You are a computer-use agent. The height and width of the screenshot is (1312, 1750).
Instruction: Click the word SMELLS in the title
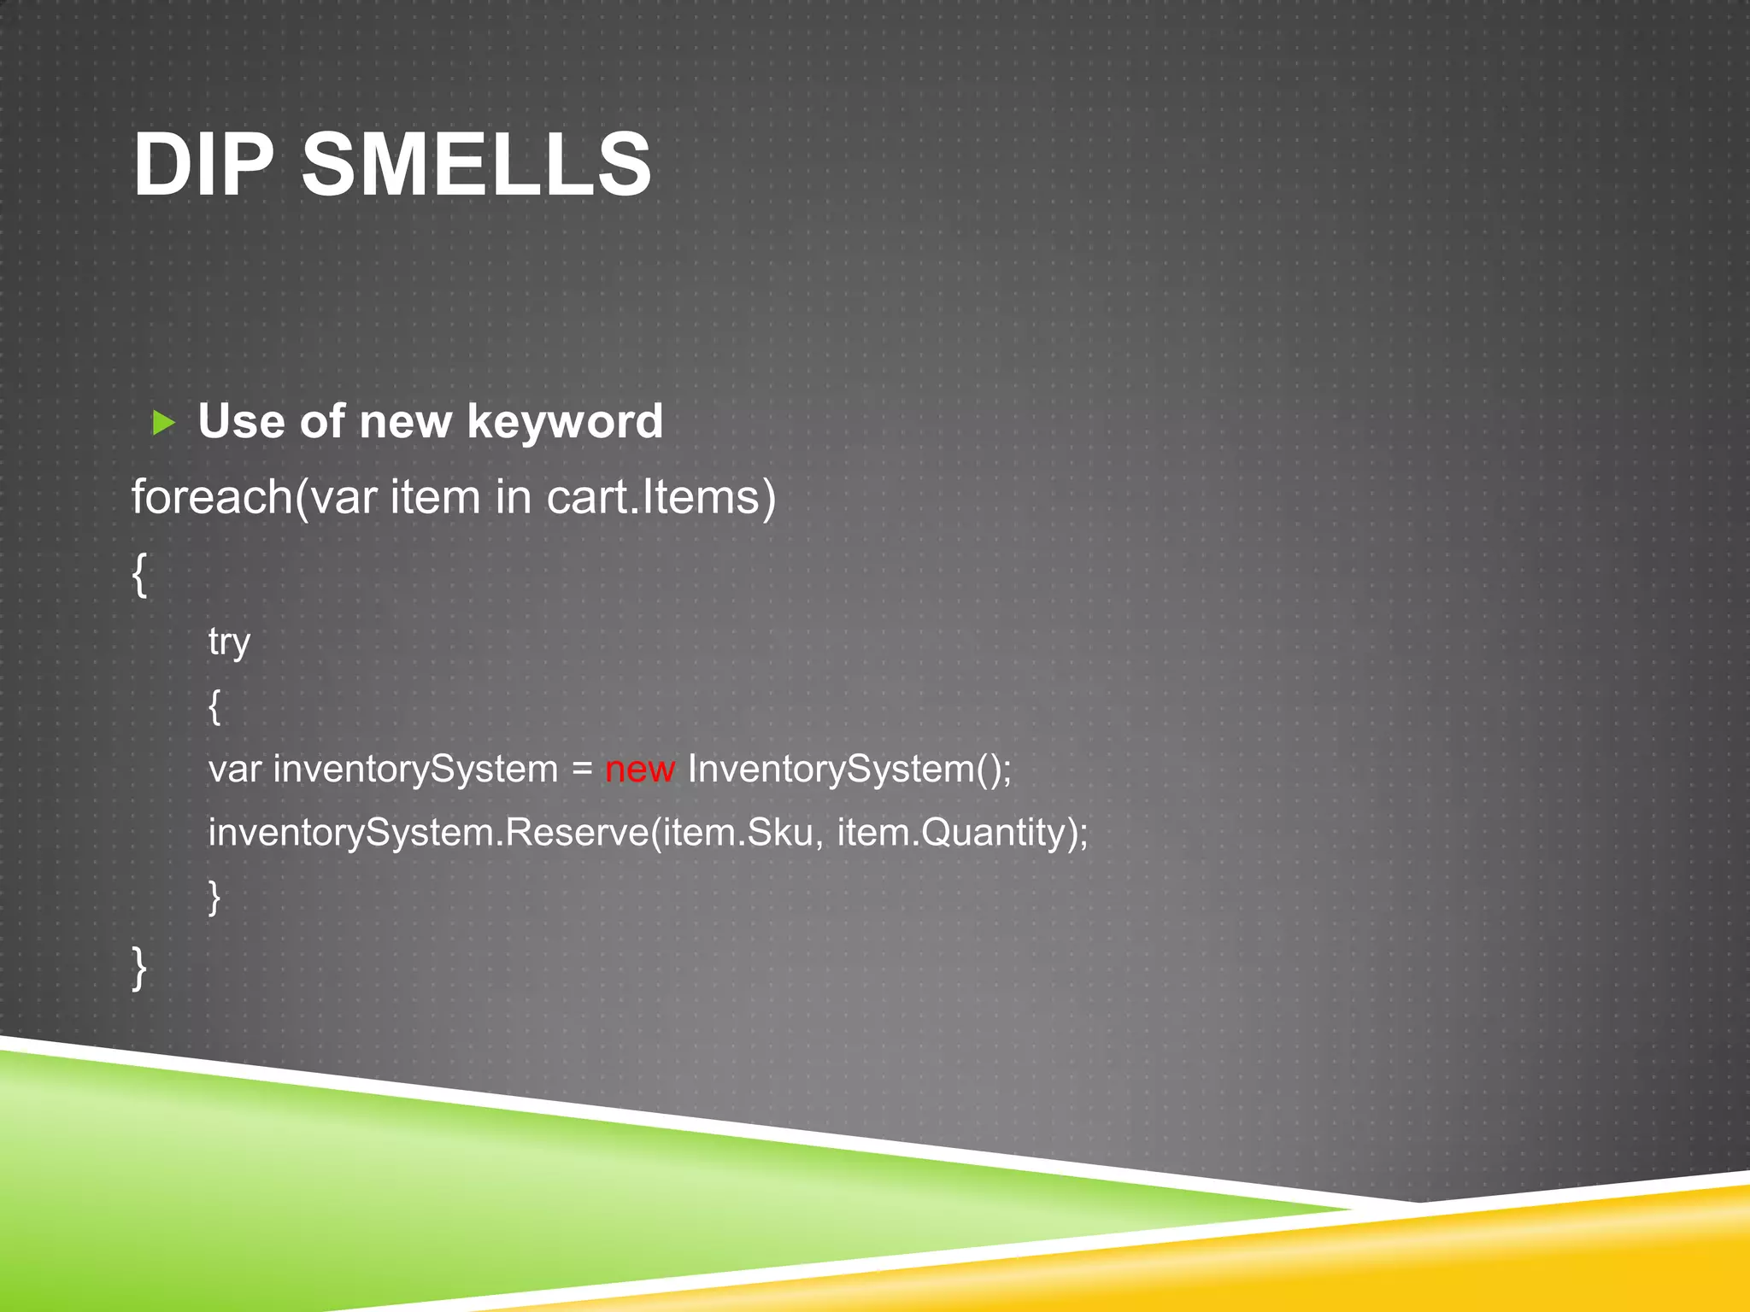477,164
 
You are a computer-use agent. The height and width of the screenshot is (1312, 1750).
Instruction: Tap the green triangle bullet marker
163,422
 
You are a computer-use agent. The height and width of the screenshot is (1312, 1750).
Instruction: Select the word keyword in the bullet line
565,422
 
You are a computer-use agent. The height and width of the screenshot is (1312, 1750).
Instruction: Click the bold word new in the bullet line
405,422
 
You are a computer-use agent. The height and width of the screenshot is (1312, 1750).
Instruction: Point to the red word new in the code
640,769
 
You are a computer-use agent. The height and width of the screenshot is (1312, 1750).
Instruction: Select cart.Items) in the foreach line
661,497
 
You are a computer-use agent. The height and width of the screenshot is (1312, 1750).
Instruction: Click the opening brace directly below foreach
139,574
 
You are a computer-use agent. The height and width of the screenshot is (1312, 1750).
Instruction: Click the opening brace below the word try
214,706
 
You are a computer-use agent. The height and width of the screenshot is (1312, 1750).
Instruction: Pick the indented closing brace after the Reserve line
214,897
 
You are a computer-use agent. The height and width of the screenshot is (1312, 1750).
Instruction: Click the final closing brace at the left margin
139,967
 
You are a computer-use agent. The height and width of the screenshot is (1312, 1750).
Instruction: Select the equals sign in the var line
582,769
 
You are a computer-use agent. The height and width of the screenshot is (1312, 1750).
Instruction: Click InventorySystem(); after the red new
849,769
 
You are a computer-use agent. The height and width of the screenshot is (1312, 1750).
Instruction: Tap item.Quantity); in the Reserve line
963,832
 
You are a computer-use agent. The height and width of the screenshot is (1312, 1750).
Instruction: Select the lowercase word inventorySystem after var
415,769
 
